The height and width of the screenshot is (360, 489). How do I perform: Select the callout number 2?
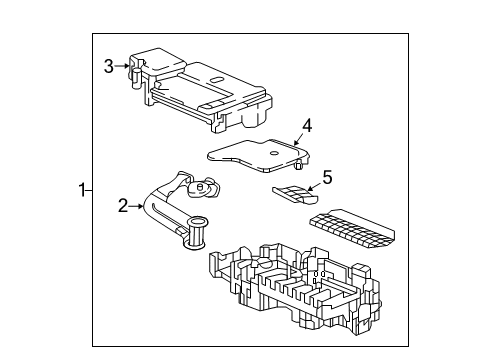(x=124, y=207)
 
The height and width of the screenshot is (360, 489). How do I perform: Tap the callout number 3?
(x=109, y=66)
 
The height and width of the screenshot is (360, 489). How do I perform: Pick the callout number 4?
(x=308, y=125)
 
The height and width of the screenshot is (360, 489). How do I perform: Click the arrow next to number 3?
(x=124, y=66)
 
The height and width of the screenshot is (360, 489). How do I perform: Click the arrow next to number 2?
(x=139, y=207)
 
